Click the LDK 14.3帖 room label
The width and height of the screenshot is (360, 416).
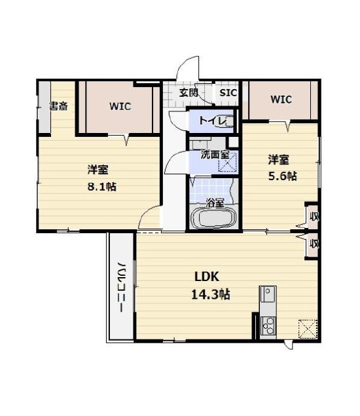coord(211,286)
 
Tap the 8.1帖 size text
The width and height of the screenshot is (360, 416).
coord(102,187)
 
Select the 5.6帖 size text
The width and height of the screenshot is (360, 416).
coord(282,176)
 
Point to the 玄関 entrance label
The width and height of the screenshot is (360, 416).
coord(189,93)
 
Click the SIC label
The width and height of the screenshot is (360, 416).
coord(228,93)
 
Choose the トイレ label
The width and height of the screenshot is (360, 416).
coord(213,121)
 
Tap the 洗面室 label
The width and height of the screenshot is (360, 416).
coord(215,155)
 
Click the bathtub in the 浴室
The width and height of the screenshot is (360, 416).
coord(213,217)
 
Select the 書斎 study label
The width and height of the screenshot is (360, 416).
coord(59,106)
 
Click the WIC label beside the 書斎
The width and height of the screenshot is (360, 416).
coord(120,106)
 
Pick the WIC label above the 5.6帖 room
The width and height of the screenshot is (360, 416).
coord(281,100)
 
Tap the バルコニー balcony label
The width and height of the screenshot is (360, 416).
coord(121,287)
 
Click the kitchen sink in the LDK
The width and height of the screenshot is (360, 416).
coord(268,295)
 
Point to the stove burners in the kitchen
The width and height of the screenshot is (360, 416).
coord(268,326)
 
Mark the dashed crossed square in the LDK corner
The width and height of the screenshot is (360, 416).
coord(308,330)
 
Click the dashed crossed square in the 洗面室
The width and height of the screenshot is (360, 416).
coord(228,162)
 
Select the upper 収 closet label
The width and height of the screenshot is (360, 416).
coord(314,217)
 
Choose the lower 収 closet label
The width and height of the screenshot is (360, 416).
coord(314,244)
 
